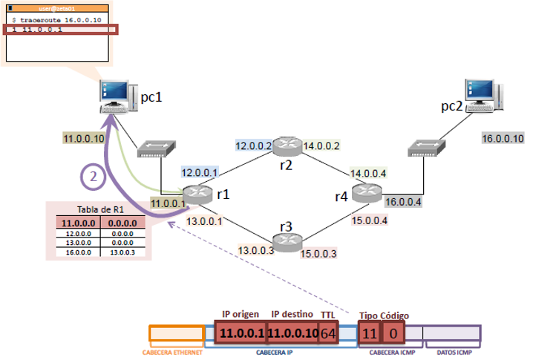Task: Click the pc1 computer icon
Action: (x=116, y=97)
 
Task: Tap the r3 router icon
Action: (x=285, y=242)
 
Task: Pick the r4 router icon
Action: (x=365, y=194)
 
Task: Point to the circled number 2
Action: (x=92, y=177)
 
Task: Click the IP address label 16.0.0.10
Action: (x=503, y=138)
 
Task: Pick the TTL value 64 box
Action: (x=328, y=333)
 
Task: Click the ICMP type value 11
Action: (x=370, y=333)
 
